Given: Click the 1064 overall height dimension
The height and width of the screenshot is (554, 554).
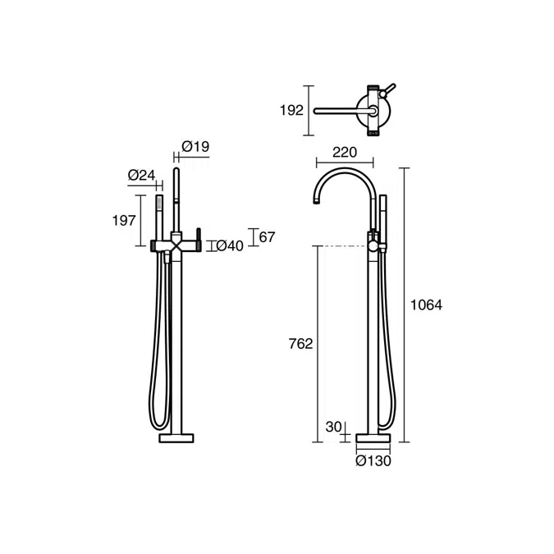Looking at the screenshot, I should pyautogui.click(x=426, y=304).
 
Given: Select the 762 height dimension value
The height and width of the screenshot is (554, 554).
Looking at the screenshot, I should pyautogui.click(x=301, y=344).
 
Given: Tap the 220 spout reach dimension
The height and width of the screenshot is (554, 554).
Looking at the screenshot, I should pyautogui.click(x=344, y=151).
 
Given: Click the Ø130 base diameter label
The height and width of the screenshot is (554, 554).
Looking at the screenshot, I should pyautogui.click(x=373, y=460).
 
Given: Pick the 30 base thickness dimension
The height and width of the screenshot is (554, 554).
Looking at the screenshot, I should pyautogui.click(x=333, y=427).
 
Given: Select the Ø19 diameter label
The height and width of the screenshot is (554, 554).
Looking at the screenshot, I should pyautogui.click(x=195, y=147).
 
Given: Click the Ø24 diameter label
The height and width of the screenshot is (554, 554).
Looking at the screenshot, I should pyautogui.click(x=142, y=174).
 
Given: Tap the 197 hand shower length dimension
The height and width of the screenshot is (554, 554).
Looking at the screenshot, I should pyautogui.click(x=125, y=219).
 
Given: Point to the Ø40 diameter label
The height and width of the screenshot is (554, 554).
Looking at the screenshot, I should pyautogui.click(x=229, y=245).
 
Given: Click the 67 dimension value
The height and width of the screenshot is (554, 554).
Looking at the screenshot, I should pyautogui.click(x=267, y=237).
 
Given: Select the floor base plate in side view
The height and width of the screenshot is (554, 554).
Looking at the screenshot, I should pyautogui.click(x=373, y=440).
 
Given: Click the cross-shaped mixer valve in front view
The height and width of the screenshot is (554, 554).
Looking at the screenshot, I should pyautogui.click(x=176, y=245).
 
